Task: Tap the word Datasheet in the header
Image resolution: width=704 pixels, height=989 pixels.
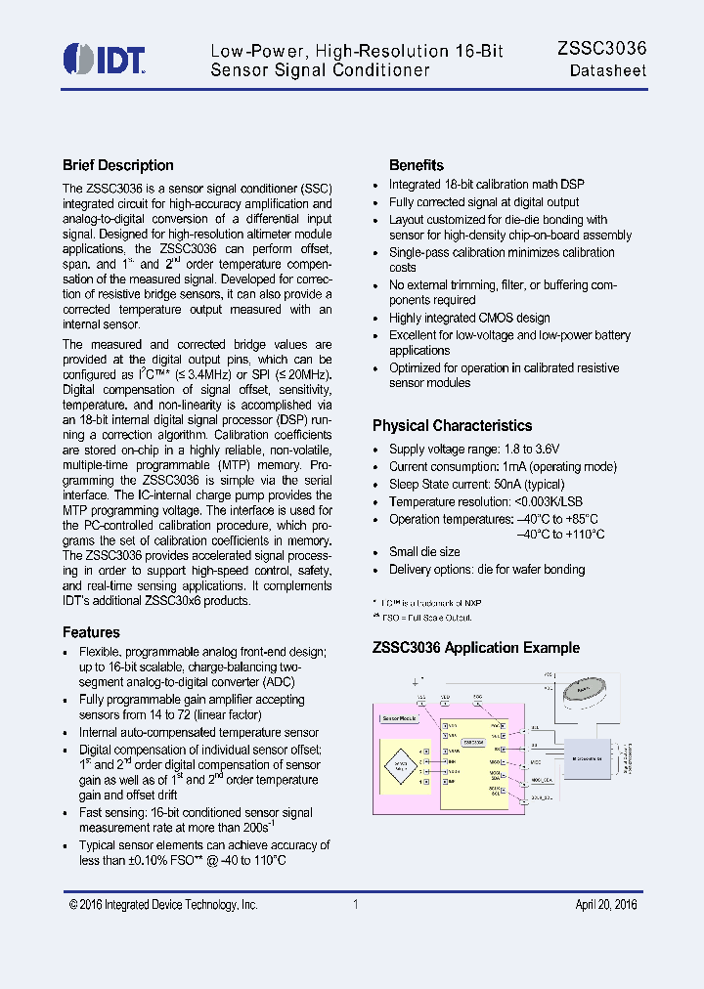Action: [x=607, y=71]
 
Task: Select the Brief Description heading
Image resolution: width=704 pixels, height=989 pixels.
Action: [x=117, y=165]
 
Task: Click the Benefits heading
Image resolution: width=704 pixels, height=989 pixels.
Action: [x=416, y=165]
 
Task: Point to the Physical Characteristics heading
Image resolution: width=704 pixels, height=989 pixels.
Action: [x=452, y=425]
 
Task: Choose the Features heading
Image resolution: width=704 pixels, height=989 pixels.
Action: [x=91, y=632]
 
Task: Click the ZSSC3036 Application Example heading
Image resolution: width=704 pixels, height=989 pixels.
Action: [x=475, y=648]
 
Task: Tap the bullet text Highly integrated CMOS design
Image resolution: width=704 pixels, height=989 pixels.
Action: [x=468, y=318]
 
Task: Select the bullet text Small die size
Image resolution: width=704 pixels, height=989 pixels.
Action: [x=423, y=552]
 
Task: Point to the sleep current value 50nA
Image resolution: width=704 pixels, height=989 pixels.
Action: [x=502, y=484]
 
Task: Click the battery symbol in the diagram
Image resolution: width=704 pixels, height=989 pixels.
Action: [x=583, y=689]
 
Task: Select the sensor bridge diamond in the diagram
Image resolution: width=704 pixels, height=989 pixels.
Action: [x=401, y=764]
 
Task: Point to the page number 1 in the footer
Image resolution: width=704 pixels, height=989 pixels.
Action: [x=356, y=905]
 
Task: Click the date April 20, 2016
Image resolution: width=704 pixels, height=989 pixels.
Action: [x=605, y=905]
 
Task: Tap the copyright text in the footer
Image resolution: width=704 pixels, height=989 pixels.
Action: [x=163, y=905]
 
